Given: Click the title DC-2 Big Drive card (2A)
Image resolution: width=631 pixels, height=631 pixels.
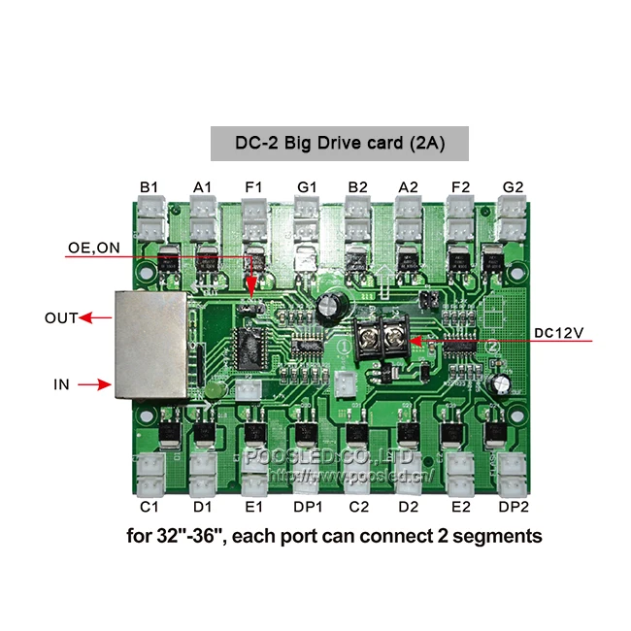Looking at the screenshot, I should tap(340, 144).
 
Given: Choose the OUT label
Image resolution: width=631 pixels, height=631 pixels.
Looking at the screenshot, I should tap(61, 317).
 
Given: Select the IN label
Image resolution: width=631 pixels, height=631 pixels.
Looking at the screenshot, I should tap(61, 384).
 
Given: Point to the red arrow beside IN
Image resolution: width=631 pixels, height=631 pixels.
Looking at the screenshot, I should tap(92, 384).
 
